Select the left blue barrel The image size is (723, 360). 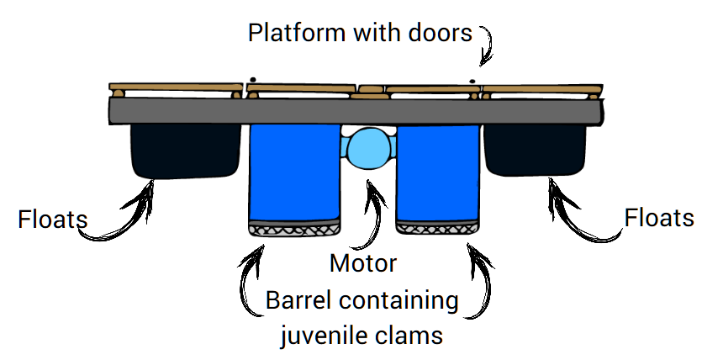[293, 172]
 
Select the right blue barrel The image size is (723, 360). [438, 172]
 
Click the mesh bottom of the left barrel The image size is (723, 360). [293, 227]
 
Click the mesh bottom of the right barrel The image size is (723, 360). [438, 227]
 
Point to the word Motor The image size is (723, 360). [362, 264]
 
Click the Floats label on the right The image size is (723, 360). [660, 218]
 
